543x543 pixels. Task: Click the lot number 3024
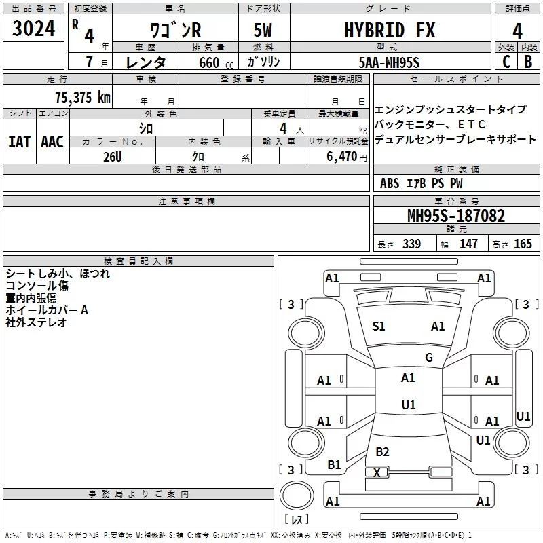pyautogui.click(x=34, y=29)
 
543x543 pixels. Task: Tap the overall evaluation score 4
pyautogui.click(x=518, y=31)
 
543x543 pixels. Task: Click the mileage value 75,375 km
pyautogui.click(x=80, y=97)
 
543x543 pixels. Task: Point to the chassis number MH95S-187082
pyautogui.click(x=456, y=216)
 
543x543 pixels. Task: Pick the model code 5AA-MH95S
pyautogui.click(x=389, y=62)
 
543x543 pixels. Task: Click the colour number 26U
pyautogui.click(x=113, y=155)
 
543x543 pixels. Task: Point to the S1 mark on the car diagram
pyautogui.click(x=379, y=326)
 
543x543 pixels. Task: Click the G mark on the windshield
pyautogui.click(x=428, y=358)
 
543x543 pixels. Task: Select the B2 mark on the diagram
pyautogui.click(x=383, y=452)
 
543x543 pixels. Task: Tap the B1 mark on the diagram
pyautogui.click(x=334, y=465)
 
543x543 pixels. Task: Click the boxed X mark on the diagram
pyautogui.click(x=377, y=472)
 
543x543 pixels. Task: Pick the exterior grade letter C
pyautogui.click(x=506, y=62)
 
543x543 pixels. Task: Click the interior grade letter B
pyautogui.click(x=529, y=62)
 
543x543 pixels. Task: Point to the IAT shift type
pyautogui.click(x=19, y=141)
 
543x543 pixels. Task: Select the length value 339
pyautogui.click(x=411, y=244)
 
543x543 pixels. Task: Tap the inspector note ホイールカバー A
pyautogui.click(x=47, y=310)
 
